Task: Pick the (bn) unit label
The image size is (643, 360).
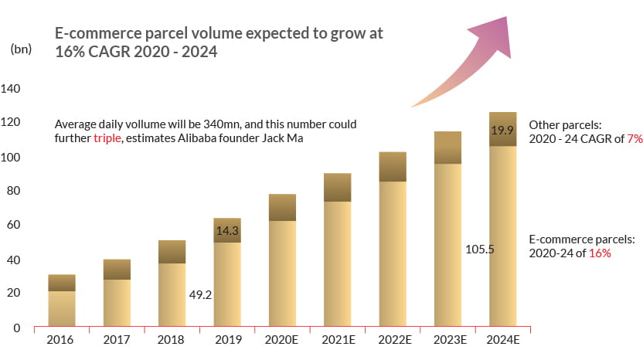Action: [21, 49]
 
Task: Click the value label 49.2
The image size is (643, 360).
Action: [200, 294]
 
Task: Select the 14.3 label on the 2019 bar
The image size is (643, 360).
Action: [228, 230]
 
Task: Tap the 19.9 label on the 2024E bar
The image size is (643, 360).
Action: [503, 131]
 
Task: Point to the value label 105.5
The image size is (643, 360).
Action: [479, 250]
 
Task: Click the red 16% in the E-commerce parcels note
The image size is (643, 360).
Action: [600, 253]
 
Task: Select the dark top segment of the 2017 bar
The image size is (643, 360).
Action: [117, 269]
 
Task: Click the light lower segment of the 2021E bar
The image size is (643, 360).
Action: [338, 263]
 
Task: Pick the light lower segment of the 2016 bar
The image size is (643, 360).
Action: [62, 308]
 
